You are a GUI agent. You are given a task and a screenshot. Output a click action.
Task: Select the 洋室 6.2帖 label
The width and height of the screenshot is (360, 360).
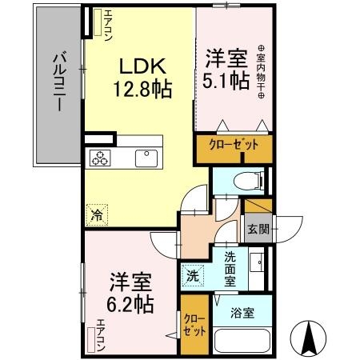point(129,293)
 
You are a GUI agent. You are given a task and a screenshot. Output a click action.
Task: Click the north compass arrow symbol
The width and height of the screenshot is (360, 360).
point(310,338)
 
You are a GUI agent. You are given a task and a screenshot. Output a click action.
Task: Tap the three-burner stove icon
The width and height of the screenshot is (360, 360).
point(101,158)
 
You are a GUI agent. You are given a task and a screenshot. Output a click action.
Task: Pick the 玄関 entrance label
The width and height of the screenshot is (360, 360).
point(258,230)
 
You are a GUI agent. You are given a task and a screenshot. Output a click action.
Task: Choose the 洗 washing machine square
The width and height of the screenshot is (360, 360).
point(193,274)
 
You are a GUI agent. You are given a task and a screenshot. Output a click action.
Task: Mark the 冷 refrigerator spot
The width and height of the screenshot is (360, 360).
point(96,214)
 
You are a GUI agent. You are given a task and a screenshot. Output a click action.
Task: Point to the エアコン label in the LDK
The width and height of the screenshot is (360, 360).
point(98,25)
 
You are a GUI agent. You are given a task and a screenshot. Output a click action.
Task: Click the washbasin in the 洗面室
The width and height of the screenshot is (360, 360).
point(258,262)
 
